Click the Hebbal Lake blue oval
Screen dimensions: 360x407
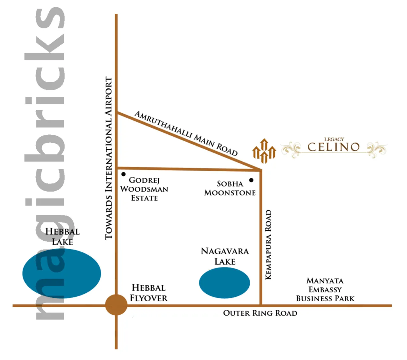62,273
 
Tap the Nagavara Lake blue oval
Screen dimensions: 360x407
224,283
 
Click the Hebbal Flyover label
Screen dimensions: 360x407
149,293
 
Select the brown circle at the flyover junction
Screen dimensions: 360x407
116,305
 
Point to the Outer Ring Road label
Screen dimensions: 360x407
260,313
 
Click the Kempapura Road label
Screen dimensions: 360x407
268,244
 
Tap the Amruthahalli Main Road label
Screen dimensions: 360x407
186,133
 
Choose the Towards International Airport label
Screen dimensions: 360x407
109,158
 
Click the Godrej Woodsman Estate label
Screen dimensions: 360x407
144,189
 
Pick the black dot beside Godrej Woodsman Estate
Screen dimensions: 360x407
124,174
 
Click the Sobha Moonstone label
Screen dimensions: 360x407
230,188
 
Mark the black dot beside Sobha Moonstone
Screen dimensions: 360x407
251,180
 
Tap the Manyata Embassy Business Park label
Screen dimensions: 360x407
325,289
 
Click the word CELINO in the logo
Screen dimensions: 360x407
334,147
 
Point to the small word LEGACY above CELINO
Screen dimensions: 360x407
334,139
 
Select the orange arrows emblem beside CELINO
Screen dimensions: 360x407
264,151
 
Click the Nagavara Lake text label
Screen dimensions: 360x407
225,256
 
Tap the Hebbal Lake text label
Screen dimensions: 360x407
63,236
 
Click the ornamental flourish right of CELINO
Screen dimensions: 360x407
377,149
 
